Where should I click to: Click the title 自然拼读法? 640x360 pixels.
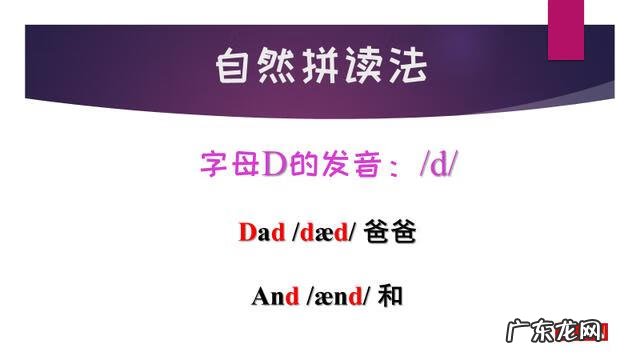point(320,65)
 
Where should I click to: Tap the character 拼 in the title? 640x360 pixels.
point(320,65)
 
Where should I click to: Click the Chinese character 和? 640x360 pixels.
point(391,296)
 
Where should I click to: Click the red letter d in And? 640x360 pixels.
point(292,296)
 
